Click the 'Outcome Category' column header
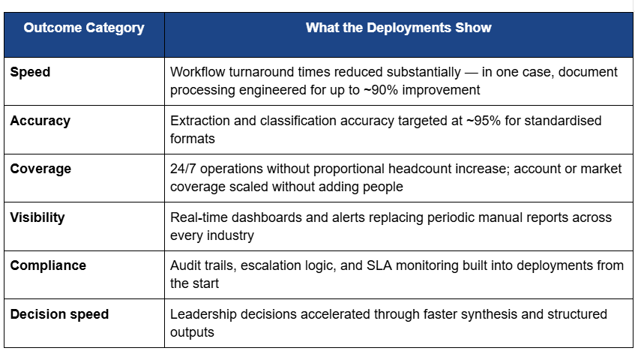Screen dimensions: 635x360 pos(84,28)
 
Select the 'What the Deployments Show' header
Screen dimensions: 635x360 pos(399,28)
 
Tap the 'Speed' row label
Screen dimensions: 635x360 pos(30,73)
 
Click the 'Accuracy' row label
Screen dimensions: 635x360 pos(40,121)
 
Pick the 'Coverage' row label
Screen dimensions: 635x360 pos(40,169)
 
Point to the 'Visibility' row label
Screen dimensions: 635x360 pos(37,217)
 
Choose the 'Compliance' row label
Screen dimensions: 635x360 pos(48,265)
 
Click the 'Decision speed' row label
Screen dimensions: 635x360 pos(59,314)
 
